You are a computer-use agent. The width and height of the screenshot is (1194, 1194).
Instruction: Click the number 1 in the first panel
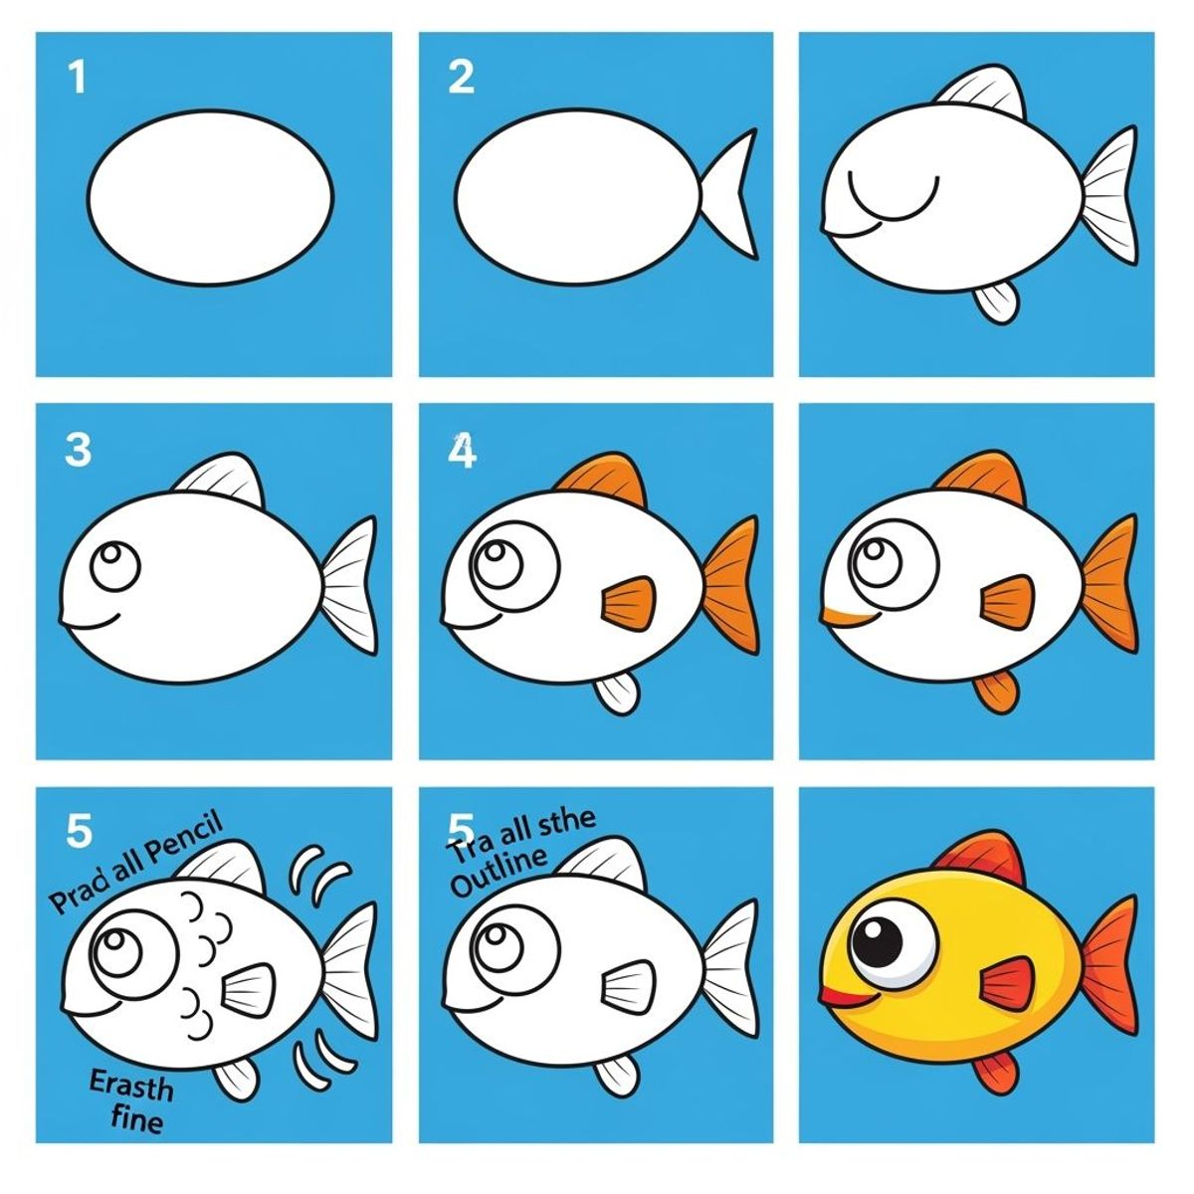pos(78,78)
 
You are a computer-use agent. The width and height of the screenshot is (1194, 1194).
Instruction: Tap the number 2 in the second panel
pos(461,78)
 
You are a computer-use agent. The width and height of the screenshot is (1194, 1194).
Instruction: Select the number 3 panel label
pos(78,451)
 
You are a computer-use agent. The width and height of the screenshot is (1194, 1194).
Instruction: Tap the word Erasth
pos(130,1086)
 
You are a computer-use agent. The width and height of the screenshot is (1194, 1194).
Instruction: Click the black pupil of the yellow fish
pos(879,934)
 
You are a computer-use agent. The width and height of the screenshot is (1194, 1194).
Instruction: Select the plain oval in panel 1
pos(211,197)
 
